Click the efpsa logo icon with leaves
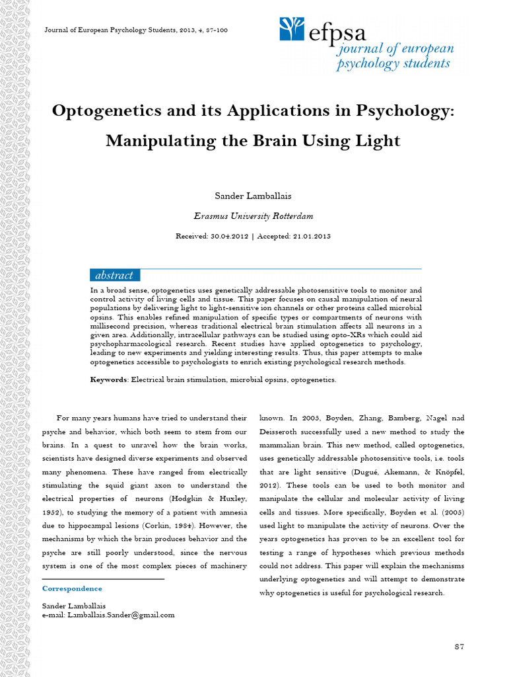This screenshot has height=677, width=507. (292, 29)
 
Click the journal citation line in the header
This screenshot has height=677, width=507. (135, 30)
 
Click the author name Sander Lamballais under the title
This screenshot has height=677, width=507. (253, 196)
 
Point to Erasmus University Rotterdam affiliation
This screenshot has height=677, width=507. (253, 216)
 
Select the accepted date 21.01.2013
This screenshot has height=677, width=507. (309, 236)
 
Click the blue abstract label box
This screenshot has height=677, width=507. (114, 275)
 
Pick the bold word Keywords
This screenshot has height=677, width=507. (109, 379)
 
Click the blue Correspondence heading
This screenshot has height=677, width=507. (72, 588)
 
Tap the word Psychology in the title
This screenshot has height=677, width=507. (403, 110)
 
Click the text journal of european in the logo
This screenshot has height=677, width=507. (395, 50)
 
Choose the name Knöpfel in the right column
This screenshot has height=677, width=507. (446, 472)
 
